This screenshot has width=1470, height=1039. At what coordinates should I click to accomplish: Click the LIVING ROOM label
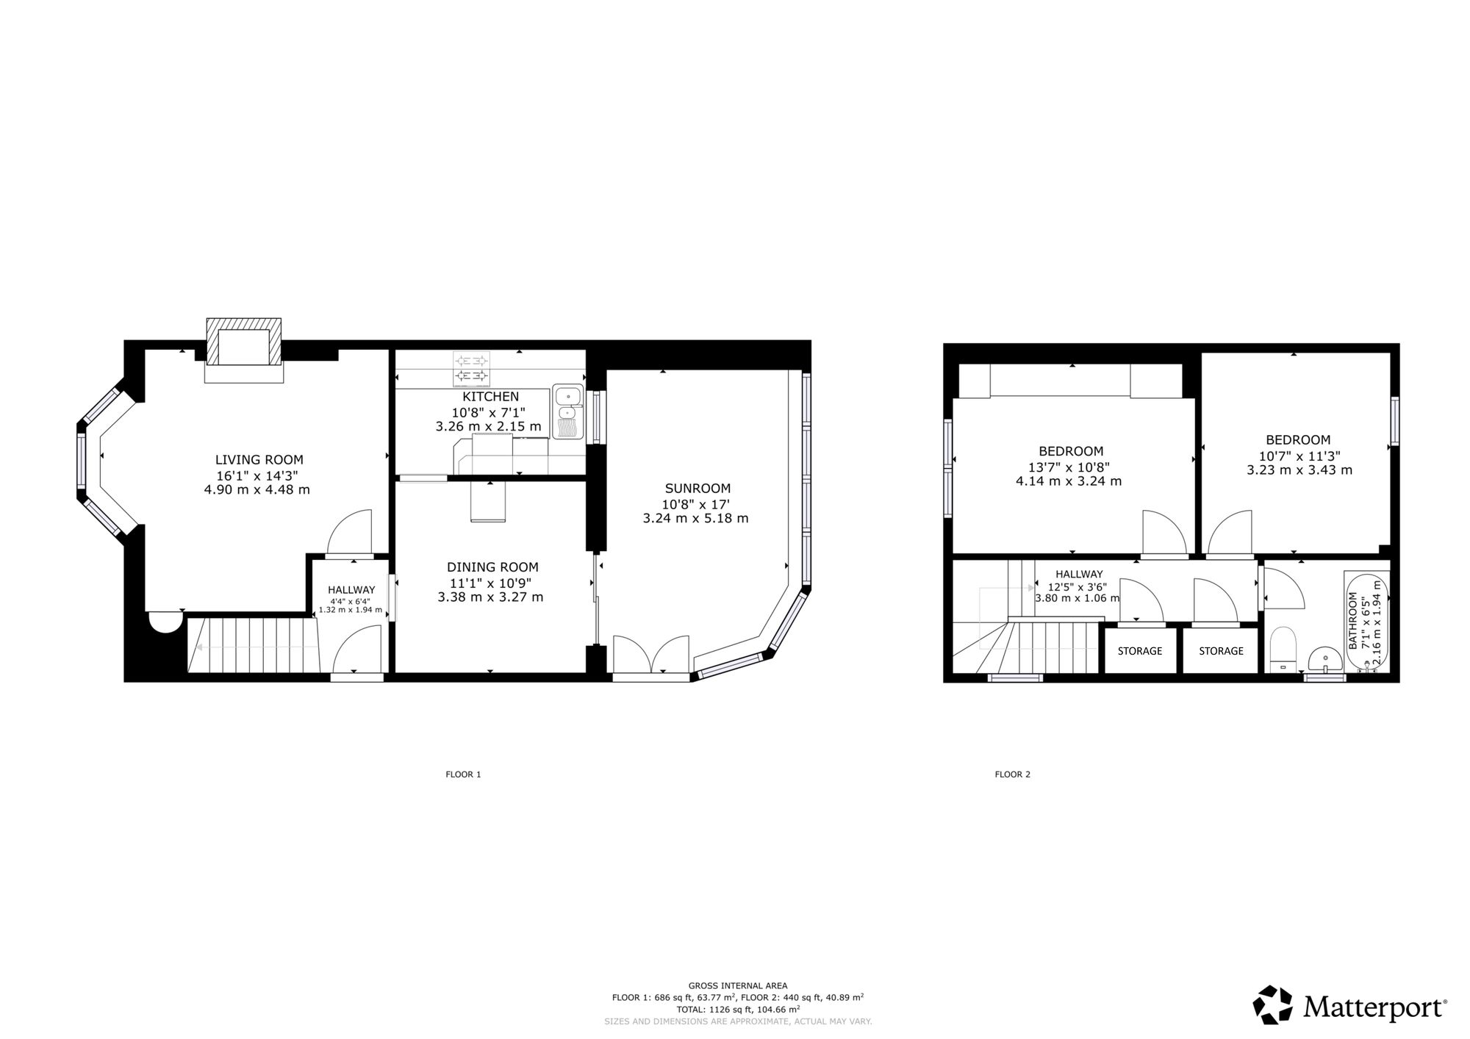coord(259,460)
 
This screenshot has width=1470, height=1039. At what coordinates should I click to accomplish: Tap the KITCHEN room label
coord(490,397)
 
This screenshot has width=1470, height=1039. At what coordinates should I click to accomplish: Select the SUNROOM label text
coord(698,489)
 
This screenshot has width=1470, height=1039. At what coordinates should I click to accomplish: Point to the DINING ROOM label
coord(492,567)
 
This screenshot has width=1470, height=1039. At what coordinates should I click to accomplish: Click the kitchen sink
coord(567,412)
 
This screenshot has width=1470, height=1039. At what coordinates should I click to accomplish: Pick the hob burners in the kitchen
coord(471,370)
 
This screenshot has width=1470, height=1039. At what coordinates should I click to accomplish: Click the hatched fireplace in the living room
coord(243,342)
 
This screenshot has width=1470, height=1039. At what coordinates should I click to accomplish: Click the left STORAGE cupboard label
coord(1140,651)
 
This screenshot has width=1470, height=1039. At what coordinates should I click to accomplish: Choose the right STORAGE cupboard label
coord(1221,651)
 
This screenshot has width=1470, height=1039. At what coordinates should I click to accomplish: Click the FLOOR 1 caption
coord(463,774)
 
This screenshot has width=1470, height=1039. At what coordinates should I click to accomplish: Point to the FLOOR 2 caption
coord(1012,774)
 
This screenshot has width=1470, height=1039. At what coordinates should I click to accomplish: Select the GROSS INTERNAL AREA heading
coord(738,986)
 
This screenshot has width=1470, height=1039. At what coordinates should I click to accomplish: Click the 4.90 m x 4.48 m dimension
coord(257,489)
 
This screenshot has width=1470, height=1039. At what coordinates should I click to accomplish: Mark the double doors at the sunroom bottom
coord(651,654)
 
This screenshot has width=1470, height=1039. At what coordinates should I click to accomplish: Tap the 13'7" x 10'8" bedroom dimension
coord(1069,467)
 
